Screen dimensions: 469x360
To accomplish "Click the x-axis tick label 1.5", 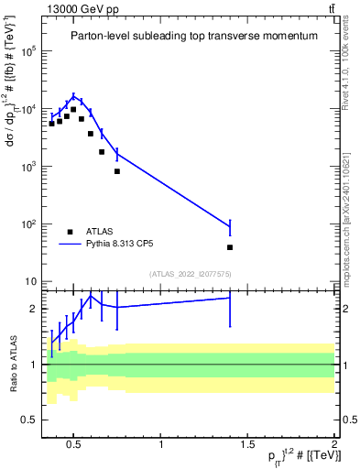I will (247, 445).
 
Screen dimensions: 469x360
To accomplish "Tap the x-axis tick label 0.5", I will (75, 445).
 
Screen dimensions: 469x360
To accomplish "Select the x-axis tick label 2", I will (333, 445).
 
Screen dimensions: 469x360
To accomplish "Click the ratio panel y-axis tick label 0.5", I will (29, 420).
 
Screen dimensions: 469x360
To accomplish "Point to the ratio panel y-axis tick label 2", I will (33, 309).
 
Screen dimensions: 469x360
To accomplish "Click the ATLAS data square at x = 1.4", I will (230, 247).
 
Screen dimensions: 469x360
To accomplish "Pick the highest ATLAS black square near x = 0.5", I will (73, 109).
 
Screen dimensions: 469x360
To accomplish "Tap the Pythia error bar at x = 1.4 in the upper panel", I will (230, 226).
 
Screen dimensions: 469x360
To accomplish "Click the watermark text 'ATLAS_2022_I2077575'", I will (189, 273).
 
